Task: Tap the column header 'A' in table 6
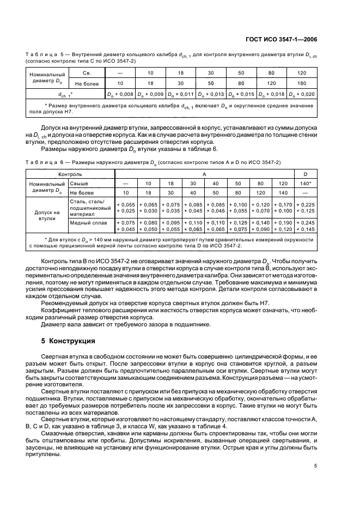click(204, 174)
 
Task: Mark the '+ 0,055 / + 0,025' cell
click(126, 207)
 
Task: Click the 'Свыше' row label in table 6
click(80, 184)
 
